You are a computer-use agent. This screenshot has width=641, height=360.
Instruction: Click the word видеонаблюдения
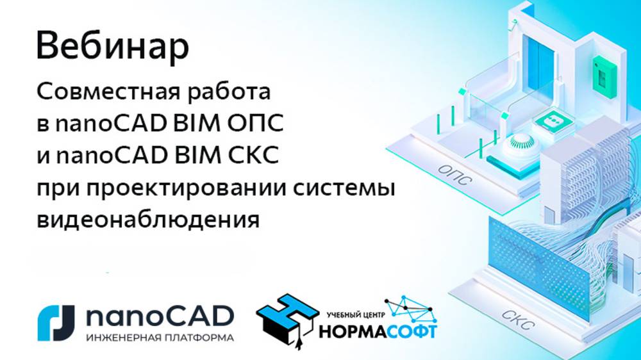[149, 220]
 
